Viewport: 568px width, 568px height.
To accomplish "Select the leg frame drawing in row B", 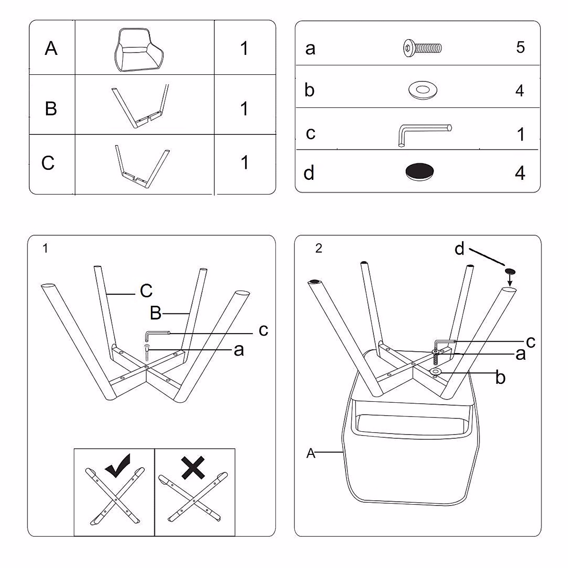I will pos(141,106).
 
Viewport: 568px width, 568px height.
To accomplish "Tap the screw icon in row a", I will pos(422,47).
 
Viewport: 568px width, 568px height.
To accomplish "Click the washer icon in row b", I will pos(422,89).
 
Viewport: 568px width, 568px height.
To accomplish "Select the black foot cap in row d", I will pos(420,171).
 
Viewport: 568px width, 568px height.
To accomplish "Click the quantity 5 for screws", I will pos(520,47).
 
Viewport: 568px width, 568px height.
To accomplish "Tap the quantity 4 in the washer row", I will pos(520,90).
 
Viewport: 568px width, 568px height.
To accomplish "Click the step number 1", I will pos(45,248).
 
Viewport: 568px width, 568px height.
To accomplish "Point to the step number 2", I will pos(319,248).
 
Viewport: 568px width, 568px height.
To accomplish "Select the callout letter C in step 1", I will pos(146,291).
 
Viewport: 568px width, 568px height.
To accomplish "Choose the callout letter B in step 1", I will pos(156,313).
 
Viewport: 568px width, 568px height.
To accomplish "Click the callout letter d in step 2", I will pos(459,248).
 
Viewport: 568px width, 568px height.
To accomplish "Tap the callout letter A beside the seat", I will pos(311,453).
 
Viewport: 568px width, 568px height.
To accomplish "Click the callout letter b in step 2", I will pos(500,378).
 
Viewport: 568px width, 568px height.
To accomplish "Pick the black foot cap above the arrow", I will pos(510,271).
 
